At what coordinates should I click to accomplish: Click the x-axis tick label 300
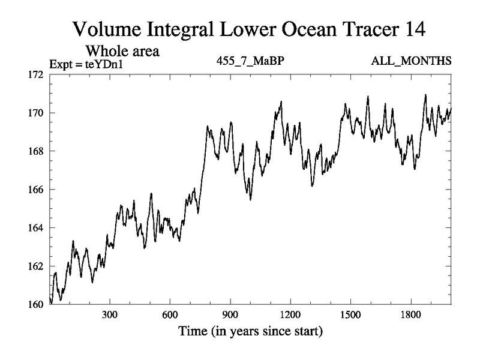tap(110, 315)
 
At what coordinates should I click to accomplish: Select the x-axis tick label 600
tap(170, 315)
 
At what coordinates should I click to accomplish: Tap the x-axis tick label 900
tap(230, 315)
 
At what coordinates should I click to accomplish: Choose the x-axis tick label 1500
tap(350, 315)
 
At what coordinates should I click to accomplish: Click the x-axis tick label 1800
tap(411, 315)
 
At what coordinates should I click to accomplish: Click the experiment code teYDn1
tap(107, 62)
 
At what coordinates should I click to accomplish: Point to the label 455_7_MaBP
tap(248, 61)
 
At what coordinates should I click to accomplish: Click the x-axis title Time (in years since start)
tap(250, 331)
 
